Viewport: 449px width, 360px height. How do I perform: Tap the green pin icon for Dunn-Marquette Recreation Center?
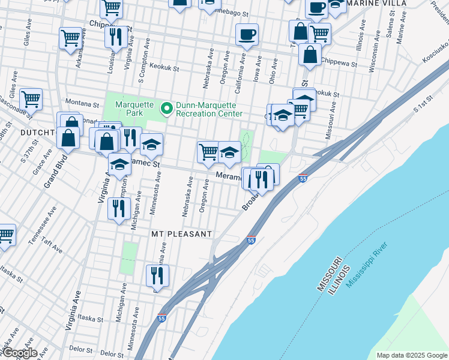coord(166,109)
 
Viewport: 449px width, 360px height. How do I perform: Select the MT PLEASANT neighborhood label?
coord(181,233)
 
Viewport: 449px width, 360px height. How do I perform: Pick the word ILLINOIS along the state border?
coord(341,278)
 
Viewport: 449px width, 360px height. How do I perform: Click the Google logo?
coord(19,353)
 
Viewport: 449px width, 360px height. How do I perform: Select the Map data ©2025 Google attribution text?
coord(411,355)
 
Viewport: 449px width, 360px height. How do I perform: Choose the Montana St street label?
coord(82,102)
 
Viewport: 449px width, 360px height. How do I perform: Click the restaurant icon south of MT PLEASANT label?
coord(157,275)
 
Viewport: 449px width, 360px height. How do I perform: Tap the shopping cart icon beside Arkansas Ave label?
coord(71,38)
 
